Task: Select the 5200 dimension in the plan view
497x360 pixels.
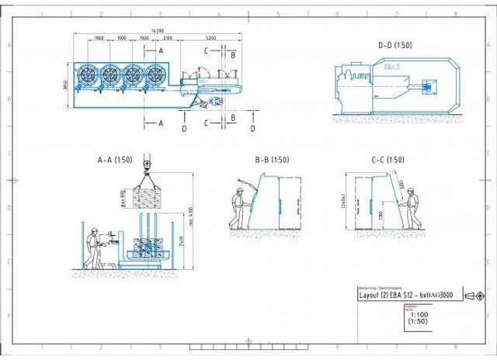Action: click(x=211, y=39)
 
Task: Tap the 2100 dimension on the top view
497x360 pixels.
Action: click(x=169, y=39)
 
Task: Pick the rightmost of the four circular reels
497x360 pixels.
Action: click(x=157, y=75)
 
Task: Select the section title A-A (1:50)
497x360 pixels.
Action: click(x=114, y=161)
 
